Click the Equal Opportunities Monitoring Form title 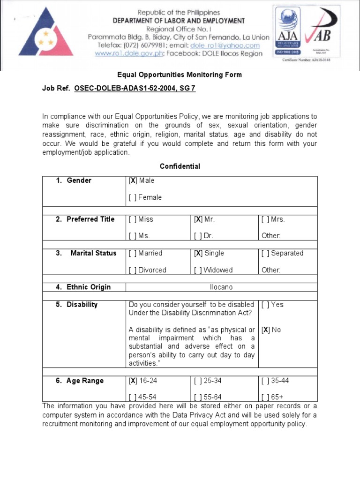pos(180,75)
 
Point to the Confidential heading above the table pos(180,166)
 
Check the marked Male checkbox pos(133,181)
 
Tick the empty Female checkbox pos(133,198)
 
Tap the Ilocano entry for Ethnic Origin pos(221,287)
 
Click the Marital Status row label pos(93,253)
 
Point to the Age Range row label pos(84,381)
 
